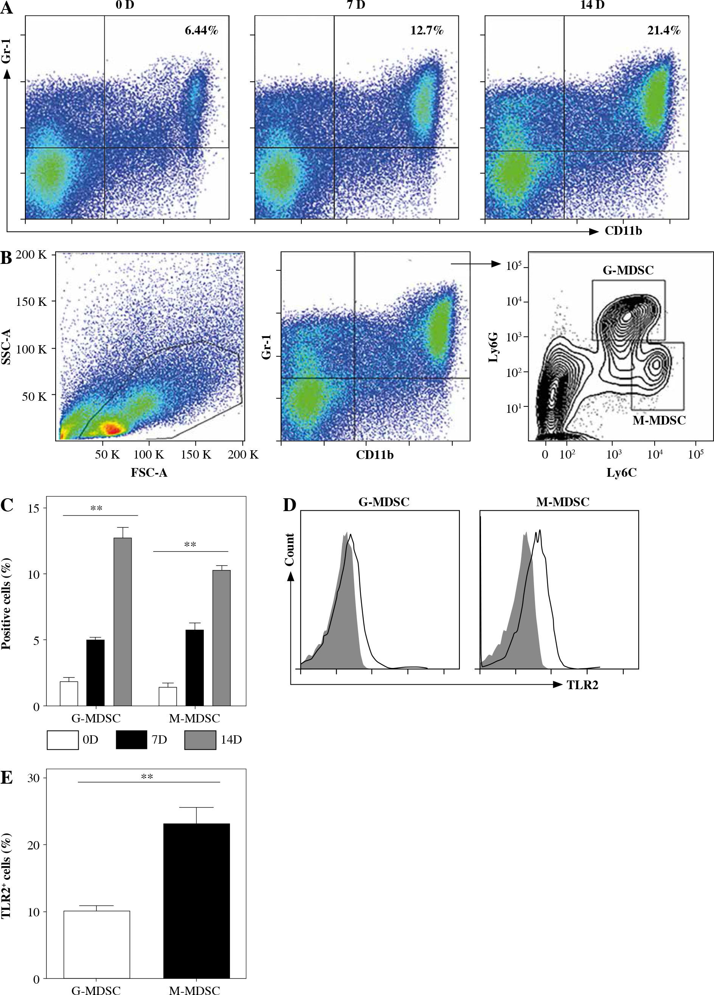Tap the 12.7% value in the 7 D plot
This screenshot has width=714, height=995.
pos(427,30)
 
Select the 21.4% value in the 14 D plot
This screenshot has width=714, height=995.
pos(664,30)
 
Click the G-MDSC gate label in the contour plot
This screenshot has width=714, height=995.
pos(628,270)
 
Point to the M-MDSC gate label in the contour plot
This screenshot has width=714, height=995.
pos(659,420)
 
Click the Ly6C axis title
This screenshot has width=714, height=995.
pos(621,473)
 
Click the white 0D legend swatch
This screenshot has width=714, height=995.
pos(63,740)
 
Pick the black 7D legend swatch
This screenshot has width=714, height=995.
pos(132,740)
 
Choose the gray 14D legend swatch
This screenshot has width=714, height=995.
pos(200,740)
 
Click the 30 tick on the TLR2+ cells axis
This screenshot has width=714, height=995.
pos(33,778)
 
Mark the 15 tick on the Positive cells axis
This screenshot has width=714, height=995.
pos(33,508)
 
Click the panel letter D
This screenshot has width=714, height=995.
pos(290,505)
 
